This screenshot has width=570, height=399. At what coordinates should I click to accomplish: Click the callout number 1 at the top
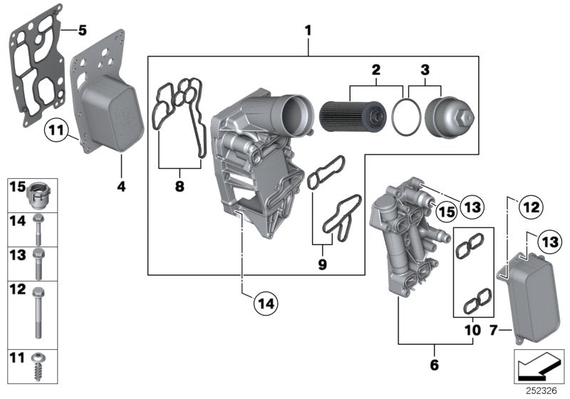click(x=308, y=31)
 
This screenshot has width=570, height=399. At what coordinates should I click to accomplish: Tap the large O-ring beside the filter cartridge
click(x=407, y=118)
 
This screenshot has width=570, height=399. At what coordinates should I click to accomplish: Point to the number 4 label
click(x=120, y=187)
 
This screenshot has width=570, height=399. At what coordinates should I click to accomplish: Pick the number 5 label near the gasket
click(x=82, y=31)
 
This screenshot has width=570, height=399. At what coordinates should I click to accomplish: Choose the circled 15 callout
click(x=445, y=211)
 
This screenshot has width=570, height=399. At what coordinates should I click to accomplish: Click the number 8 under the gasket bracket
click(x=179, y=187)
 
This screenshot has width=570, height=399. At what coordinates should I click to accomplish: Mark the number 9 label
click(x=323, y=264)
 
